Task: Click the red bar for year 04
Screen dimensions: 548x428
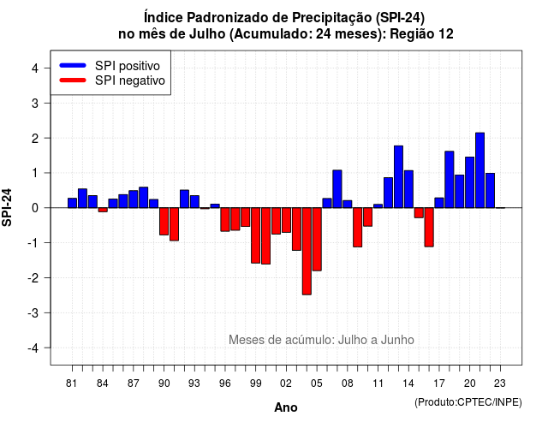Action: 307,251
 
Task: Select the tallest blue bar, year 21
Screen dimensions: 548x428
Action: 479,170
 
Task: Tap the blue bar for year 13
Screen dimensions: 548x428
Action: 398,177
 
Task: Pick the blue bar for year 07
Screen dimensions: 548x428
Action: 337,189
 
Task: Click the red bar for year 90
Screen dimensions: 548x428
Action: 164,221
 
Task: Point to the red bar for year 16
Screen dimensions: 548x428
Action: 429,227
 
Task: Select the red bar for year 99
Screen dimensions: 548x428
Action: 255,235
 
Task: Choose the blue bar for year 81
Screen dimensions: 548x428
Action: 72,203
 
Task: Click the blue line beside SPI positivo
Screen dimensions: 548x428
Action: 73,65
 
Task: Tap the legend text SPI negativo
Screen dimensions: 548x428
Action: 129,80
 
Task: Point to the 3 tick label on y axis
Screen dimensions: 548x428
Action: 35,103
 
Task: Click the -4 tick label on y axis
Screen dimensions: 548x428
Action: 33,348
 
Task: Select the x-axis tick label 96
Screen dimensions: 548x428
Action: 225,383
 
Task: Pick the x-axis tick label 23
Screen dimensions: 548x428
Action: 500,383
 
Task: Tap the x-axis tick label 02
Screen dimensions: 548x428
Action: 286,383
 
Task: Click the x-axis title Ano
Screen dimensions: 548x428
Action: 286,407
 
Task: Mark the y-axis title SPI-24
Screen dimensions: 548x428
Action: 7,207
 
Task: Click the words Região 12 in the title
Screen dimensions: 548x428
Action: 421,34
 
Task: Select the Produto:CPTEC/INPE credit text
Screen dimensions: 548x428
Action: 468,402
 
